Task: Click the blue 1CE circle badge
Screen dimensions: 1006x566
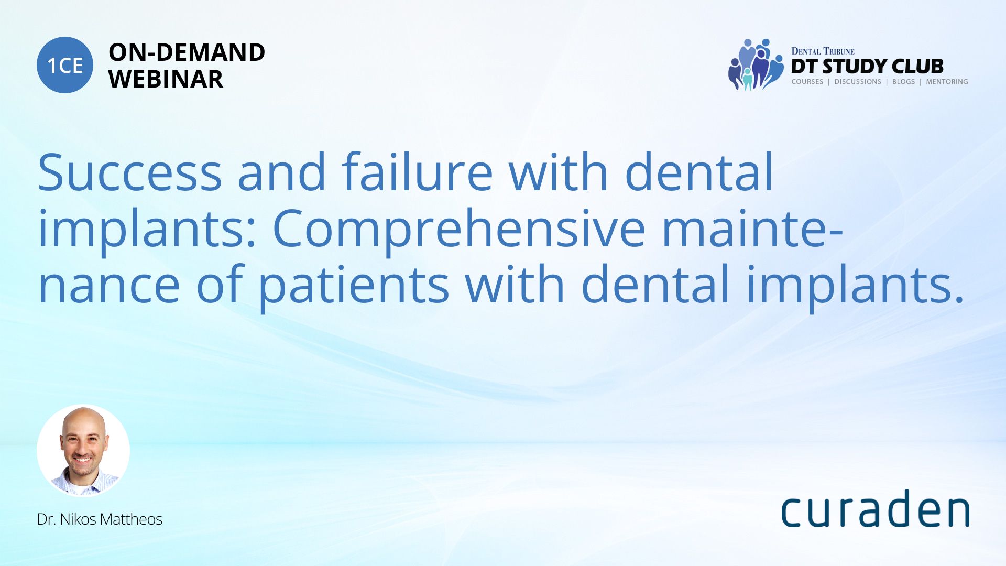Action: pos(65,65)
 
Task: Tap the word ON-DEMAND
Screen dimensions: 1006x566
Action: pos(187,52)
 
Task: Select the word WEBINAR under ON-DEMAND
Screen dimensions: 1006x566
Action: pos(166,79)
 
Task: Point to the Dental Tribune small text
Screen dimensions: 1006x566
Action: pos(823,51)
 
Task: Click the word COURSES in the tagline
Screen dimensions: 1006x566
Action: pos(807,82)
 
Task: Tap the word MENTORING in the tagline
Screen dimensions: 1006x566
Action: pos(947,82)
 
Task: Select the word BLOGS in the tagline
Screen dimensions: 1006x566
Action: pos(903,82)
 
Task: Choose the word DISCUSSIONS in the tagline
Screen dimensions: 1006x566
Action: pos(858,82)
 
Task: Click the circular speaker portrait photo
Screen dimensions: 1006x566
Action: pos(83,450)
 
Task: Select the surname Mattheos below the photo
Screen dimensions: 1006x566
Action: pos(131,519)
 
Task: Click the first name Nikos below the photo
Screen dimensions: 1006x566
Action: pos(78,519)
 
